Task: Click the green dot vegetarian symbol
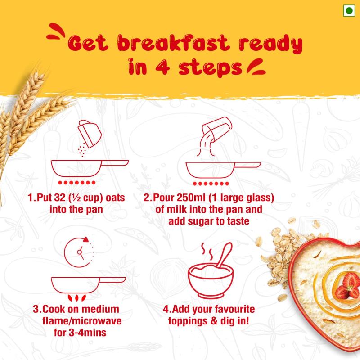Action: pyautogui.click(x=349, y=10)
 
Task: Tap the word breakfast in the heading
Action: pyautogui.click(x=173, y=43)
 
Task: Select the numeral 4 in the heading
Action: pyautogui.click(x=162, y=67)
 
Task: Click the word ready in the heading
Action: pyautogui.click(x=271, y=44)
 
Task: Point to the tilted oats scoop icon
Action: pyautogui.click(x=90, y=134)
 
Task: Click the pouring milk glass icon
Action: pyautogui.click(x=217, y=130)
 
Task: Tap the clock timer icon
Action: pyautogui.click(x=79, y=252)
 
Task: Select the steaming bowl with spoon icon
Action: pyautogui.click(x=211, y=270)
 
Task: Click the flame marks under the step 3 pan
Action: pyautogui.click(x=77, y=298)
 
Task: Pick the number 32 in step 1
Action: pyautogui.click(x=60, y=198)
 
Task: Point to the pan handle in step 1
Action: pyautogui.click(x=115, y=163)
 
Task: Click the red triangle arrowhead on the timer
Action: pyautogui.click(x=86, y=239)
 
